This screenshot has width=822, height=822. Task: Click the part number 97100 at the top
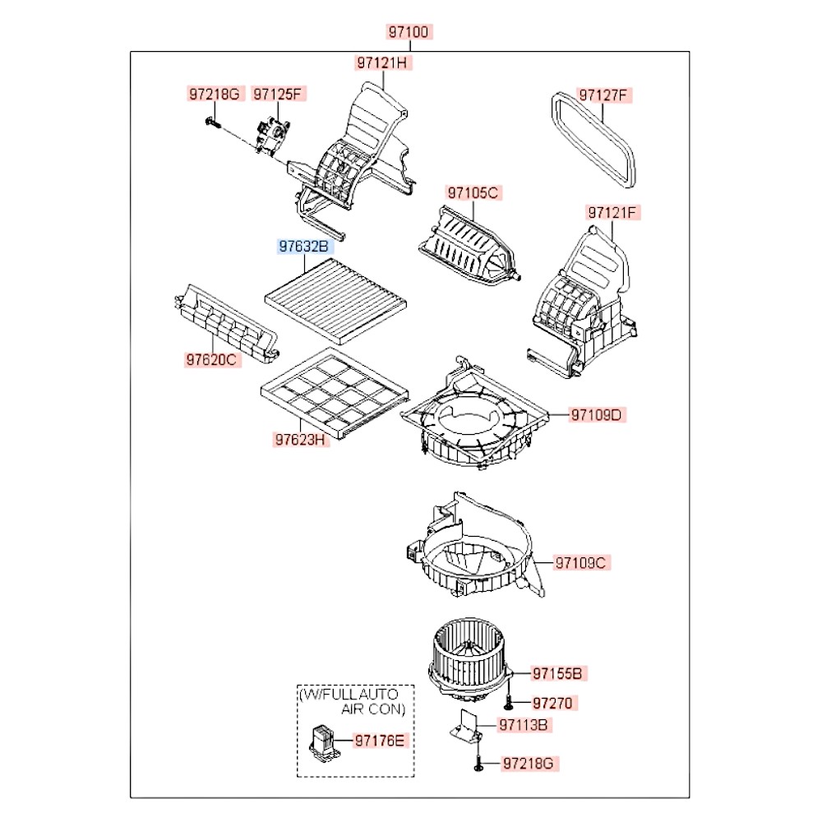(x=409, y=33)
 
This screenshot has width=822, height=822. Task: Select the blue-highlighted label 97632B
(x=304, y=245)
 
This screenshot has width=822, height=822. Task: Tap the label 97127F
(x=603, y=95)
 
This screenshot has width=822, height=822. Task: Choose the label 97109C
(x=581, y=563)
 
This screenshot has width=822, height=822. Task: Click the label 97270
(x=552, y=703)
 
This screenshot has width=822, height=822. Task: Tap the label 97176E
(x=380, y=741)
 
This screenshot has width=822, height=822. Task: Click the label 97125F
(x=277, y=95)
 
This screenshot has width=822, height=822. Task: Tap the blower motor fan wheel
(x=465, y=649)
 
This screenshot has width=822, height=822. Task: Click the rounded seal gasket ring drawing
(x=595, y=140)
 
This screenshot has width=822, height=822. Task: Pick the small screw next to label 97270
(x=510, y=703)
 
